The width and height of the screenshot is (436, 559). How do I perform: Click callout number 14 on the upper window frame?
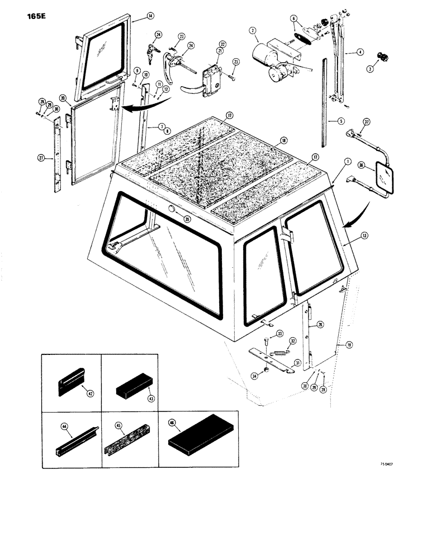click(x=135, y=17)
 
